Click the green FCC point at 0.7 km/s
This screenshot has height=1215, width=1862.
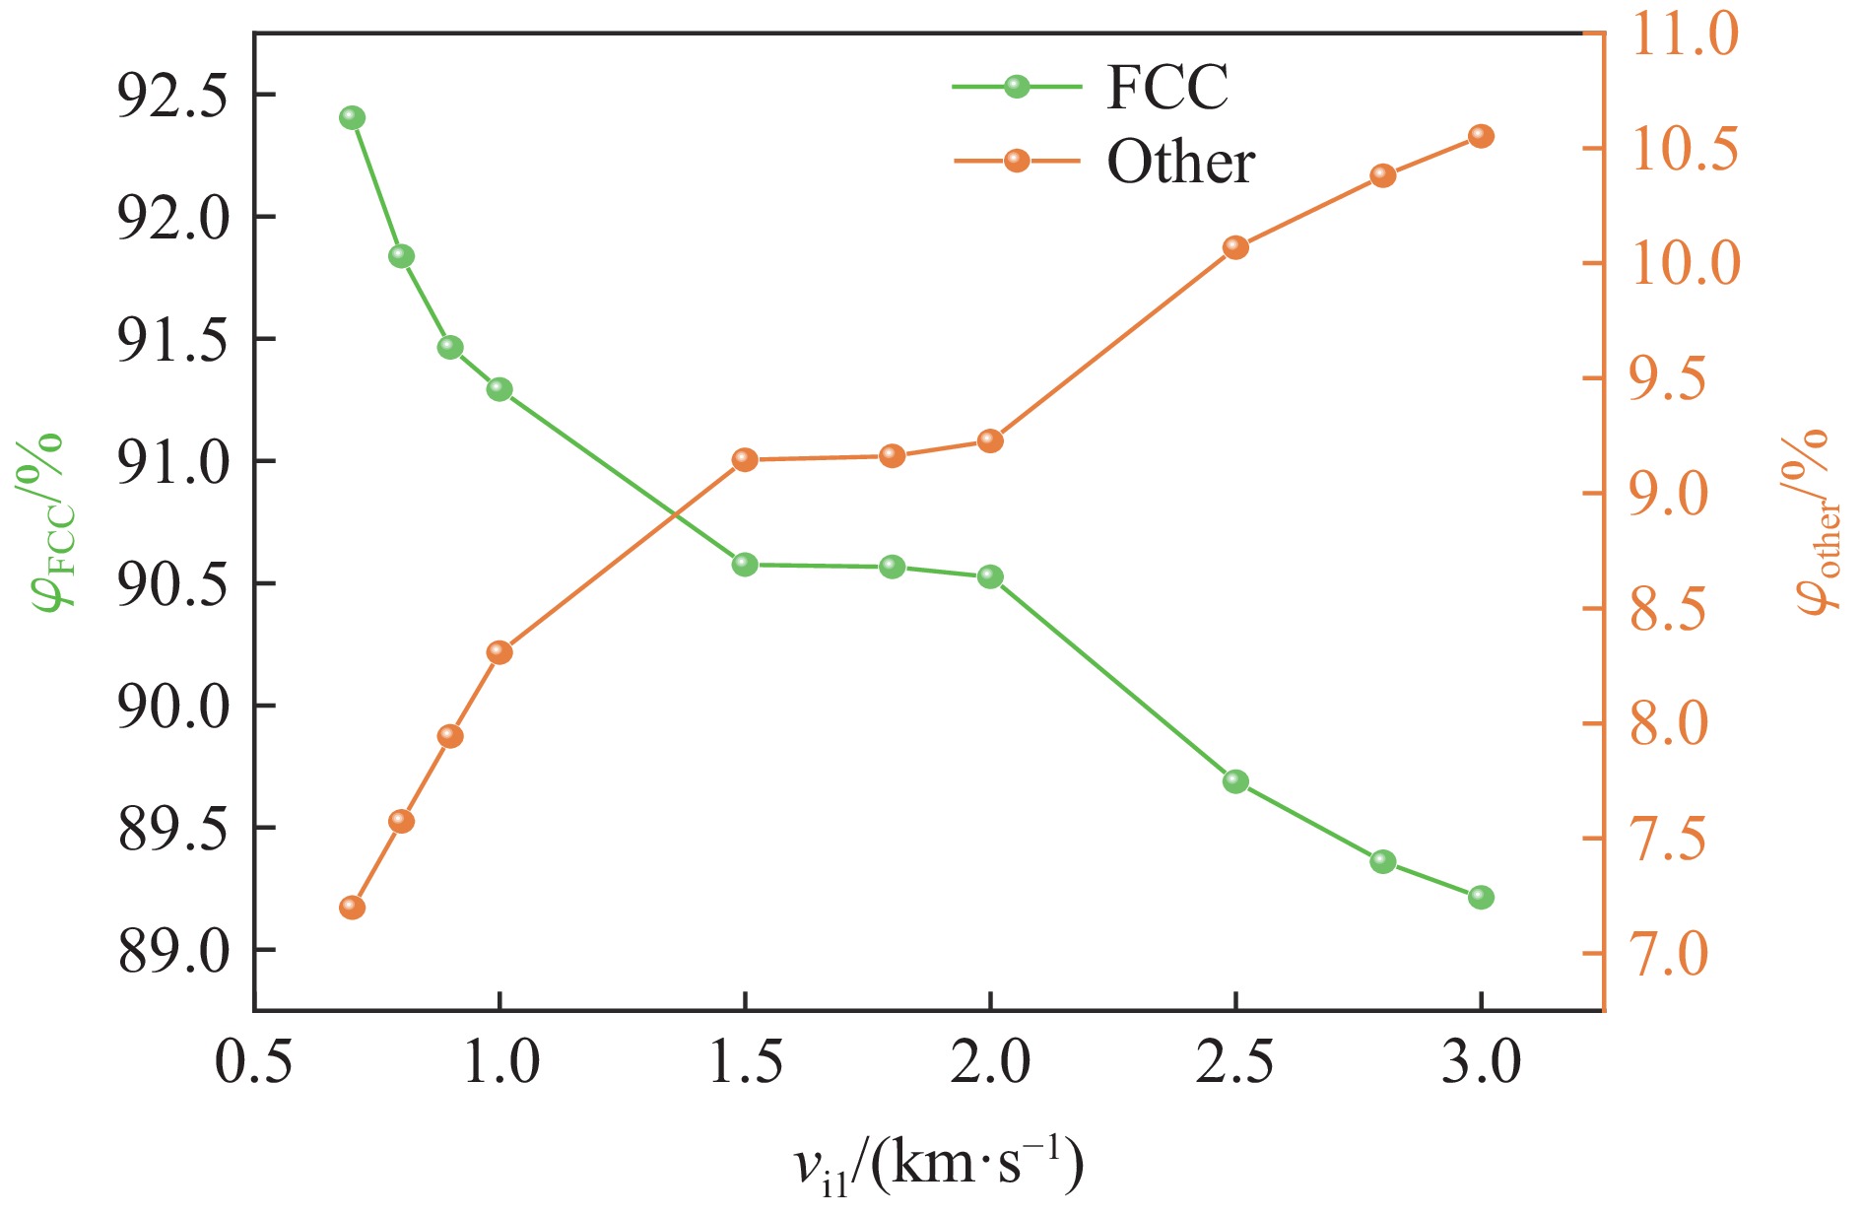pos(352,118)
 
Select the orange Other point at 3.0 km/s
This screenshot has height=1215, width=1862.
pos(1481,136)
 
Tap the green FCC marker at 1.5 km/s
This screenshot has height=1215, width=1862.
pos(745,565)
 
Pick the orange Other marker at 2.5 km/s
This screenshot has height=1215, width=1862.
pos(1235,247)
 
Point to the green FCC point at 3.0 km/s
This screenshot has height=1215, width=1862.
pos(1481,897)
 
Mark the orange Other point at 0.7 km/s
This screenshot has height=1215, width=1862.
pos(352,908)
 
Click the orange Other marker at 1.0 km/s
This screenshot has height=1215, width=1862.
pos(499,652)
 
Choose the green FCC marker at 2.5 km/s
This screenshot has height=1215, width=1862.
pos(1235,781)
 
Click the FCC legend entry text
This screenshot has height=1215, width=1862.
pos(1167,88)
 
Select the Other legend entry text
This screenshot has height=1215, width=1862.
pos(1180,162)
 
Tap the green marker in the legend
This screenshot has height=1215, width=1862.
pos(1017,87)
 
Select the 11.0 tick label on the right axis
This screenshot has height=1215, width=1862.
pos(1685,34)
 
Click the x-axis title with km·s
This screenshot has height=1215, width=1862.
pos(939,1166)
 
